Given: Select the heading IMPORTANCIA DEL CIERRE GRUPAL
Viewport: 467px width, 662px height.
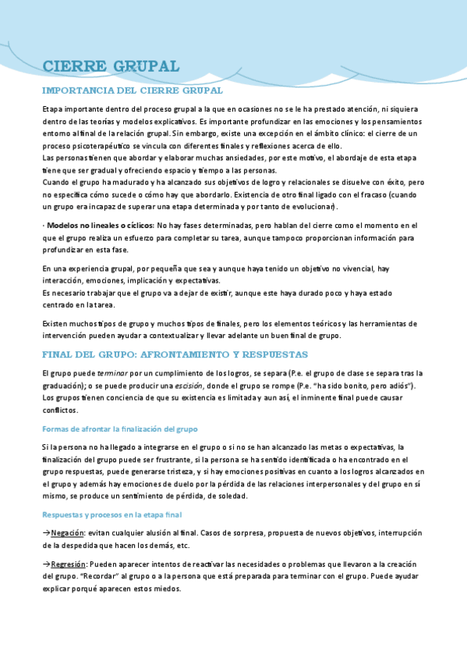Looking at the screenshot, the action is click(132, 91).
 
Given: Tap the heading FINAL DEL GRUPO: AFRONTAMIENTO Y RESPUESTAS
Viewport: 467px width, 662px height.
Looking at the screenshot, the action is click(175, 354).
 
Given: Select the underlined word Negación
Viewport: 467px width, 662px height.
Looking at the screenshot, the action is click(68, 533).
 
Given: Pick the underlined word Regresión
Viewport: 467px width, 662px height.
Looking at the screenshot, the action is click(71, 564).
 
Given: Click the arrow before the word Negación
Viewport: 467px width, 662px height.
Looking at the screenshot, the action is click(46, 533).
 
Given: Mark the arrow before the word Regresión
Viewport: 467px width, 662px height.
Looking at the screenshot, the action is click(46, 564).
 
